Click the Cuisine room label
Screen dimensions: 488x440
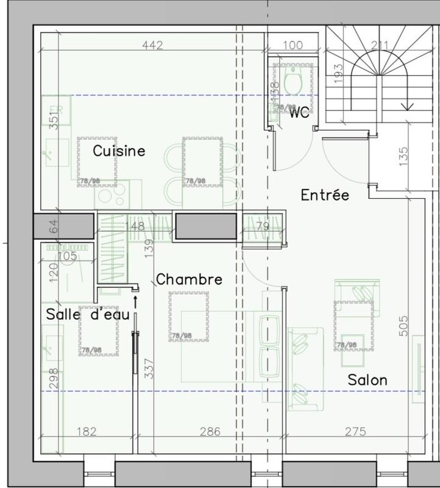click(119, 151)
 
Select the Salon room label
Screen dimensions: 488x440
click(367, 379)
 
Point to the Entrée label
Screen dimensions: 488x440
click(325, 195)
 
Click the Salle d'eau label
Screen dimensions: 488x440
click(88, 315)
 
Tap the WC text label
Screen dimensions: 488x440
click(299, 112)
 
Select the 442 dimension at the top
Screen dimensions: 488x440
click(152, 45)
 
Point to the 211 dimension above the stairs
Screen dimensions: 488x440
click(380, 45)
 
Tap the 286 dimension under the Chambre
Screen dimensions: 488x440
click(210, 432)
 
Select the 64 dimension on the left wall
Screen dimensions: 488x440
click(53, 226)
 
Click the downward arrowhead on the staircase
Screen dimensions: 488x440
click(407, 107)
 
